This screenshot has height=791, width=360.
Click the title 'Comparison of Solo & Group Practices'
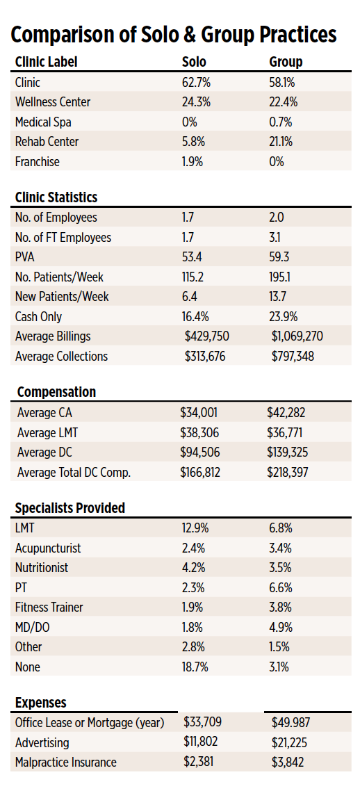tap(174, 34)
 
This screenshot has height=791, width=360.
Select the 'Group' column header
tap(286, 62)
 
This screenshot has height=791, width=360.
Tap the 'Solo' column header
tap(193, 62)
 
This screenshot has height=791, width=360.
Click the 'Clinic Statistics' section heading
tap(56, 197)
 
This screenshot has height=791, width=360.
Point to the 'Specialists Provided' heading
tap(70, 508)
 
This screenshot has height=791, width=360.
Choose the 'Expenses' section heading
tap(41, 703)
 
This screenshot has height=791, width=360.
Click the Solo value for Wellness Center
tap(196, 102)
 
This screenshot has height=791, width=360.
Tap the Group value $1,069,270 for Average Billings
tap(297, 336)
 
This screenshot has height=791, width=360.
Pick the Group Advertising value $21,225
tap(288, 742)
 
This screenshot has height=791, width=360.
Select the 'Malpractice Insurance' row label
tap(66, 762)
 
